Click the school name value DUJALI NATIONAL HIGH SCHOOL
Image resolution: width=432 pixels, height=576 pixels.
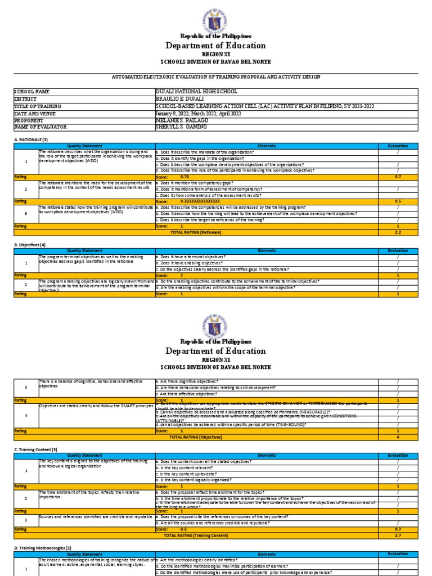tap(196, 91)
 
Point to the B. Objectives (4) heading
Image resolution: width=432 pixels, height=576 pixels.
tap(29, 245)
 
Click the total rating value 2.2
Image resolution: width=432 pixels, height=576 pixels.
tap(398, 232)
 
